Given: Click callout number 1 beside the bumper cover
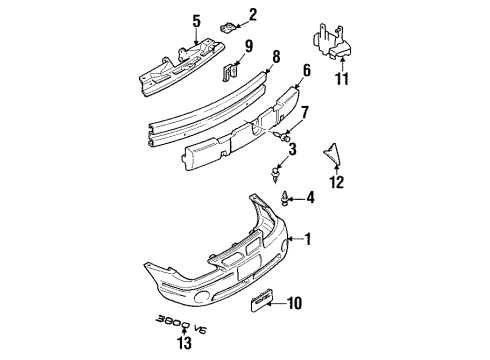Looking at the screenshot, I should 308,240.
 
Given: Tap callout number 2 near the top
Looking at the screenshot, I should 252,14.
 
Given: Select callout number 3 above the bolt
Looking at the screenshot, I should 291,150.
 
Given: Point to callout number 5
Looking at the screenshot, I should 196,20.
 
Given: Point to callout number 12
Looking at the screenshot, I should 336,182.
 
